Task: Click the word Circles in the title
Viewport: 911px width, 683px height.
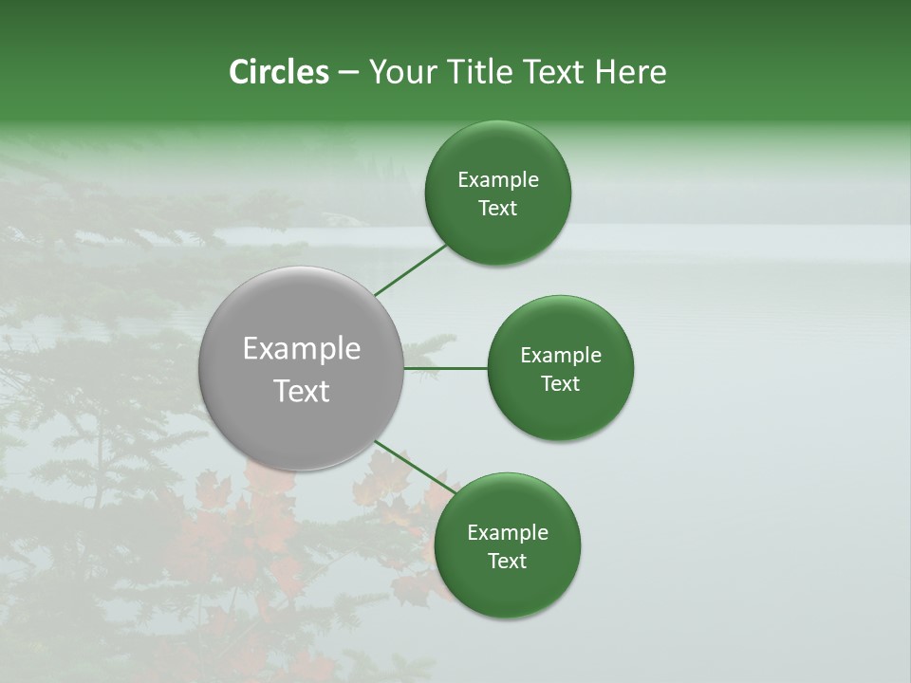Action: (279, 72)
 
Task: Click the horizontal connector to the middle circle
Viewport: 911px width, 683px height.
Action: (446, 368)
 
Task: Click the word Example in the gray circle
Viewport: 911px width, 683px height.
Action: (302, 349)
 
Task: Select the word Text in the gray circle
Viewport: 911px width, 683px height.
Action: (302, 391)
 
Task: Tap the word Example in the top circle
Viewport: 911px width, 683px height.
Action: (498, 180)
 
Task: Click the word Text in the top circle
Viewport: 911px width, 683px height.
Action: (498, 209)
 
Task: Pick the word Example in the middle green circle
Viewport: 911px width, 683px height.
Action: (561, 356)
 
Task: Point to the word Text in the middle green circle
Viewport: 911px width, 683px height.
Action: (561, 384)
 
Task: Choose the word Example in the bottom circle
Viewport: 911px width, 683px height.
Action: (508, 533)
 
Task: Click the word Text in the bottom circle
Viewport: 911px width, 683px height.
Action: (508, 562)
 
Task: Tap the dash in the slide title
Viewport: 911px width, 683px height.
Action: (348, 73)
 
